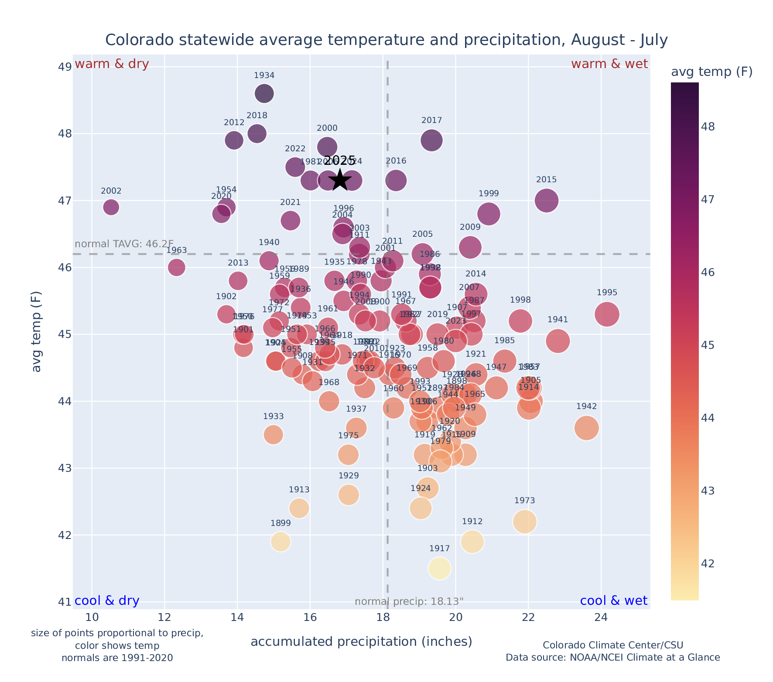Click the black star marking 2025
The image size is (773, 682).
(340, 180)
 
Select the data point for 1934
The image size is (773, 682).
(264, 93)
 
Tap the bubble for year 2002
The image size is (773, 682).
(111, 207)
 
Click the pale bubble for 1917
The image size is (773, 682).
(439, 568)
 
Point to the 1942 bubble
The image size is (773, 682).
(586, 428)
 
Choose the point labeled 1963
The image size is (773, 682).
(176, 267)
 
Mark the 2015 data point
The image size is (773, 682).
(546, 201)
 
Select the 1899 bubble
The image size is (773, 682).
(280, 542)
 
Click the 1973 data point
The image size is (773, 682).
(524, 522)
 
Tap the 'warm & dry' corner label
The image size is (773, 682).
(112, 64)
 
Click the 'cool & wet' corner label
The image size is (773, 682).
(613, 601)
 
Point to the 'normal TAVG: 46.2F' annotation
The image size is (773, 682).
(124, 244)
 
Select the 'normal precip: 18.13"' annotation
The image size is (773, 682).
(409, 602)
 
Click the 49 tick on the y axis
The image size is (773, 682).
(65, 67)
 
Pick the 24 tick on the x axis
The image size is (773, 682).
(601, 618)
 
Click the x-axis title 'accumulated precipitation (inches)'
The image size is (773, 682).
(361, 641)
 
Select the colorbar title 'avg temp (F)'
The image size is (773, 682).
(711, 72)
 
